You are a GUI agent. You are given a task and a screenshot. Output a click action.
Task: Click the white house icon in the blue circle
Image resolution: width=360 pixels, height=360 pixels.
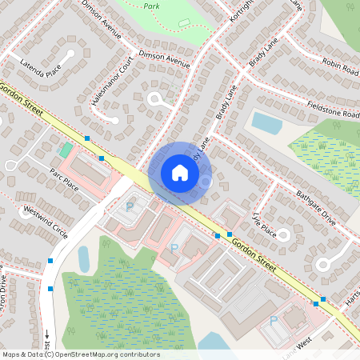(180, 172)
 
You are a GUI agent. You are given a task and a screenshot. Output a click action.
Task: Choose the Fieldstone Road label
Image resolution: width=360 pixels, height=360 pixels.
(333, 109)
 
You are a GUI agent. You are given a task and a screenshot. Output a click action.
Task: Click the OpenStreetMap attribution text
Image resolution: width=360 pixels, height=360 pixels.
(81, 354)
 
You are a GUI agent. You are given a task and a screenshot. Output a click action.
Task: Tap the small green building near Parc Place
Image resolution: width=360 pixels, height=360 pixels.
(65, 150)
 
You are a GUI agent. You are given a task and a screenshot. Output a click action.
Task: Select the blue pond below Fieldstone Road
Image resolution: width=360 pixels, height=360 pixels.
(267, 122)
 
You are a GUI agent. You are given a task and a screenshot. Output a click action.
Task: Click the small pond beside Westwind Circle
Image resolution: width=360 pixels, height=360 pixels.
(84, 258)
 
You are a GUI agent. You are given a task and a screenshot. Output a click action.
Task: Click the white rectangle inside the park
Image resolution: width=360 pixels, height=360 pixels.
(184, 22)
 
